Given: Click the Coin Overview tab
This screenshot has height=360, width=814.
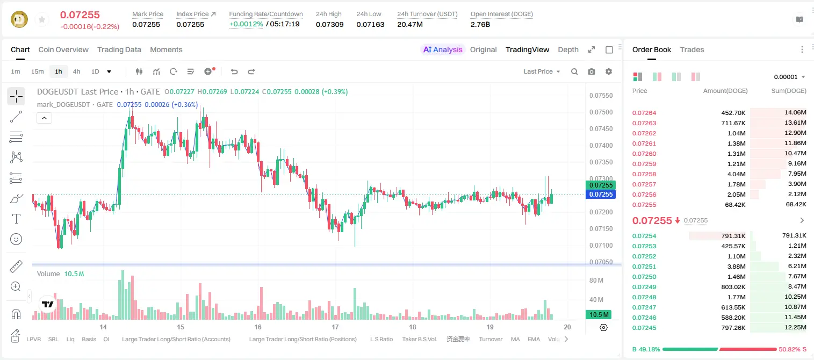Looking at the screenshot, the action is coord(63,49).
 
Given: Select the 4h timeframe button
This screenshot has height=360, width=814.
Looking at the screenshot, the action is coord(76,71).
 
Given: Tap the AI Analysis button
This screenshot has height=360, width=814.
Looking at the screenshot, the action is coord(443,49).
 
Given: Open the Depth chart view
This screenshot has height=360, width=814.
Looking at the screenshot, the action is coord(568,49).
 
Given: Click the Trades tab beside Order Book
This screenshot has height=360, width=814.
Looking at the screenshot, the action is coord(692,49).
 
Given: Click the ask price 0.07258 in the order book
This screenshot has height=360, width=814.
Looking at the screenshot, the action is coord(644,174).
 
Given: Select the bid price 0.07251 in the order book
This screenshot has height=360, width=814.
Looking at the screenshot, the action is coord(644,267).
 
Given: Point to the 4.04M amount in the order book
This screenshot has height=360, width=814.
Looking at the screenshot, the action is coord(736,174).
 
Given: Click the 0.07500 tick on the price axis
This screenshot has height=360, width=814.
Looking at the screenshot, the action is coord(601,112).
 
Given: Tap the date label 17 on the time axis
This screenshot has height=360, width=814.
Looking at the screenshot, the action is coord(335,327).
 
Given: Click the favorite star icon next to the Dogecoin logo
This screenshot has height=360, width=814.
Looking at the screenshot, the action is coord(42,20).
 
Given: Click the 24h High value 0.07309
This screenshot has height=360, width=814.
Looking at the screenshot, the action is coord(329,24).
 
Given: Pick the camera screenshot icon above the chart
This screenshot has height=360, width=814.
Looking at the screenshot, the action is coord(592,71).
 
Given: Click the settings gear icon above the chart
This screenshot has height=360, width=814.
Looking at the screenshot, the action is coord(609,71).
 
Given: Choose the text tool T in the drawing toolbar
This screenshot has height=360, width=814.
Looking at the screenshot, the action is coord(16,219).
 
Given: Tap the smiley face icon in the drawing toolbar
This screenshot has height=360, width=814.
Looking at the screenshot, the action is coord(16,239).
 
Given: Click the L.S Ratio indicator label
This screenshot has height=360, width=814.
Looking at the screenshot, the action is coord(381,339).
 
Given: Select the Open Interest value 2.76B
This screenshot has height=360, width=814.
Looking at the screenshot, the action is coord(480,24).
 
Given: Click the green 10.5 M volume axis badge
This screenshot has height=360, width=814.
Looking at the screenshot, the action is coord(599,314).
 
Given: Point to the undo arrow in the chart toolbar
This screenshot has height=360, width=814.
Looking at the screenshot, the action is coord(234,71).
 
